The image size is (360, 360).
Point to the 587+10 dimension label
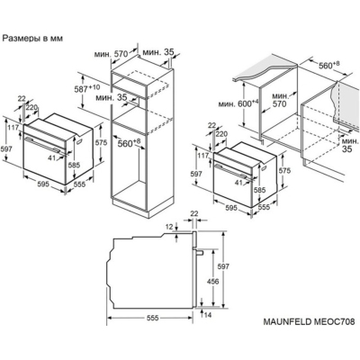(86, 90)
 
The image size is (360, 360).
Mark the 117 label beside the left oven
(9, 127)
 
